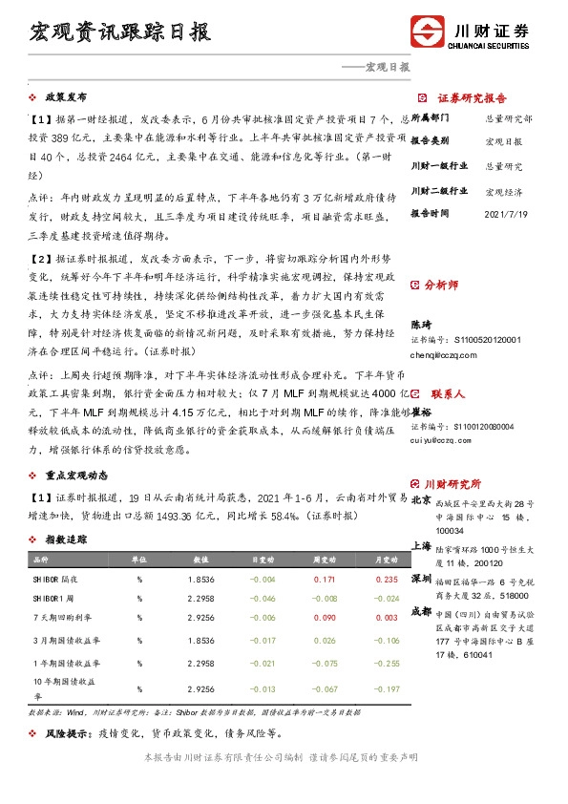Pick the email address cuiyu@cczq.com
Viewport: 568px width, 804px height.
tap(439, 440)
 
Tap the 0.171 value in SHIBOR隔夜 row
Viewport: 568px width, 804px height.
tap(324, 580)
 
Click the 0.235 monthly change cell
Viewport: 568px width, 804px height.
tap(387, 580)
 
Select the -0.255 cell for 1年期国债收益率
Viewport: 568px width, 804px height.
tap(387, 662)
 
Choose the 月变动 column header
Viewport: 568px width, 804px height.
tap(386, 560)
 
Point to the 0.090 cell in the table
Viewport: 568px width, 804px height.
tap(324, 619)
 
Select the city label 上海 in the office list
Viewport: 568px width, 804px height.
tap(421, 546)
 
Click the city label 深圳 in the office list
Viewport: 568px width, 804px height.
tap(421, 579)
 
